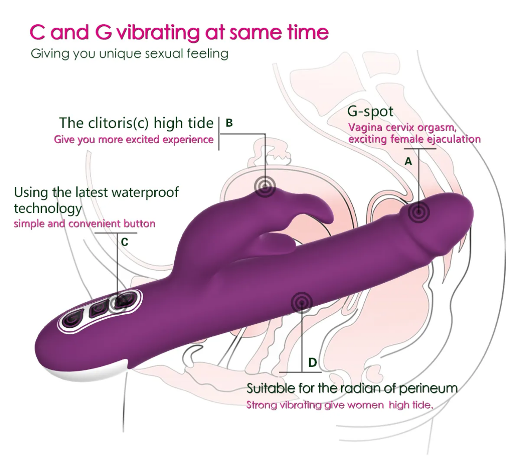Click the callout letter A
(x=408, y=162)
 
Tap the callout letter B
(x=229, y=123)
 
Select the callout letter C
(x=124, y=242)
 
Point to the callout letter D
(x=313, y=362)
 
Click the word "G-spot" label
(x=370, y=112)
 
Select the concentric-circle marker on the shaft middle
(x=301, y=302)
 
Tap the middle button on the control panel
(x=96, y=309)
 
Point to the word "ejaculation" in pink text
(x=454, y=139)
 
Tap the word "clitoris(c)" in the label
(x=120, y=123)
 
